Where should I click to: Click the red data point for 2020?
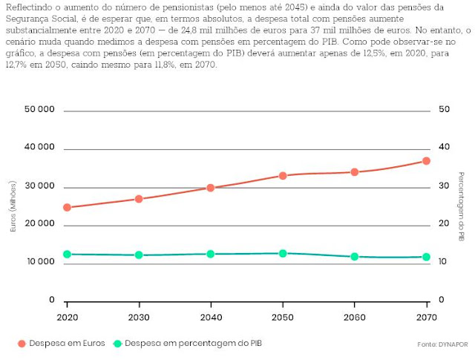[x=67, y=207]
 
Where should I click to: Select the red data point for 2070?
[x=427, y=160]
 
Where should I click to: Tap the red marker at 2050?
[x=283, y=175]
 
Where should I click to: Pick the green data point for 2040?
[x=211, y=254]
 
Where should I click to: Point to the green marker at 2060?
[x=355, y=257]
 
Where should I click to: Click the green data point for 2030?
[x=139, y=255]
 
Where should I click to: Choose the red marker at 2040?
[x=211, y=188]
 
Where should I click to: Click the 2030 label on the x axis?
[x=139, y=315]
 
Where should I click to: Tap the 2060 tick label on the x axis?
[x=355, y=315]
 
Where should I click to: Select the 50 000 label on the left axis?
[x=41, y=110]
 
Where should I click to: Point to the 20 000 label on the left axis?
[x=41, y=223]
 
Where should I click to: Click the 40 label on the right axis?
[x=445, y=148]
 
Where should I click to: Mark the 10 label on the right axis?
[x=445, y=262]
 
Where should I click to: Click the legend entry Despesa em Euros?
[x=63, y=344]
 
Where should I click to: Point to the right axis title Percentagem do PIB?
[x=461, y=206]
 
